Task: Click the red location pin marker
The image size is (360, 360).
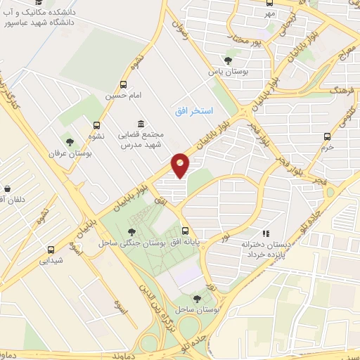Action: point(181,165)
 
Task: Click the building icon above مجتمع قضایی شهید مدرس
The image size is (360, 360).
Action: point(141,122)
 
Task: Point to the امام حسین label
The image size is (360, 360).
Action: point(124,94)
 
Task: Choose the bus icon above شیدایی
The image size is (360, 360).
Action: point(51,249)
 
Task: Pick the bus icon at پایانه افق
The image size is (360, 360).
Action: point(186,230)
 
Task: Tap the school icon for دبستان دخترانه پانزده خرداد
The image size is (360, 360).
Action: point(265,233)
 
